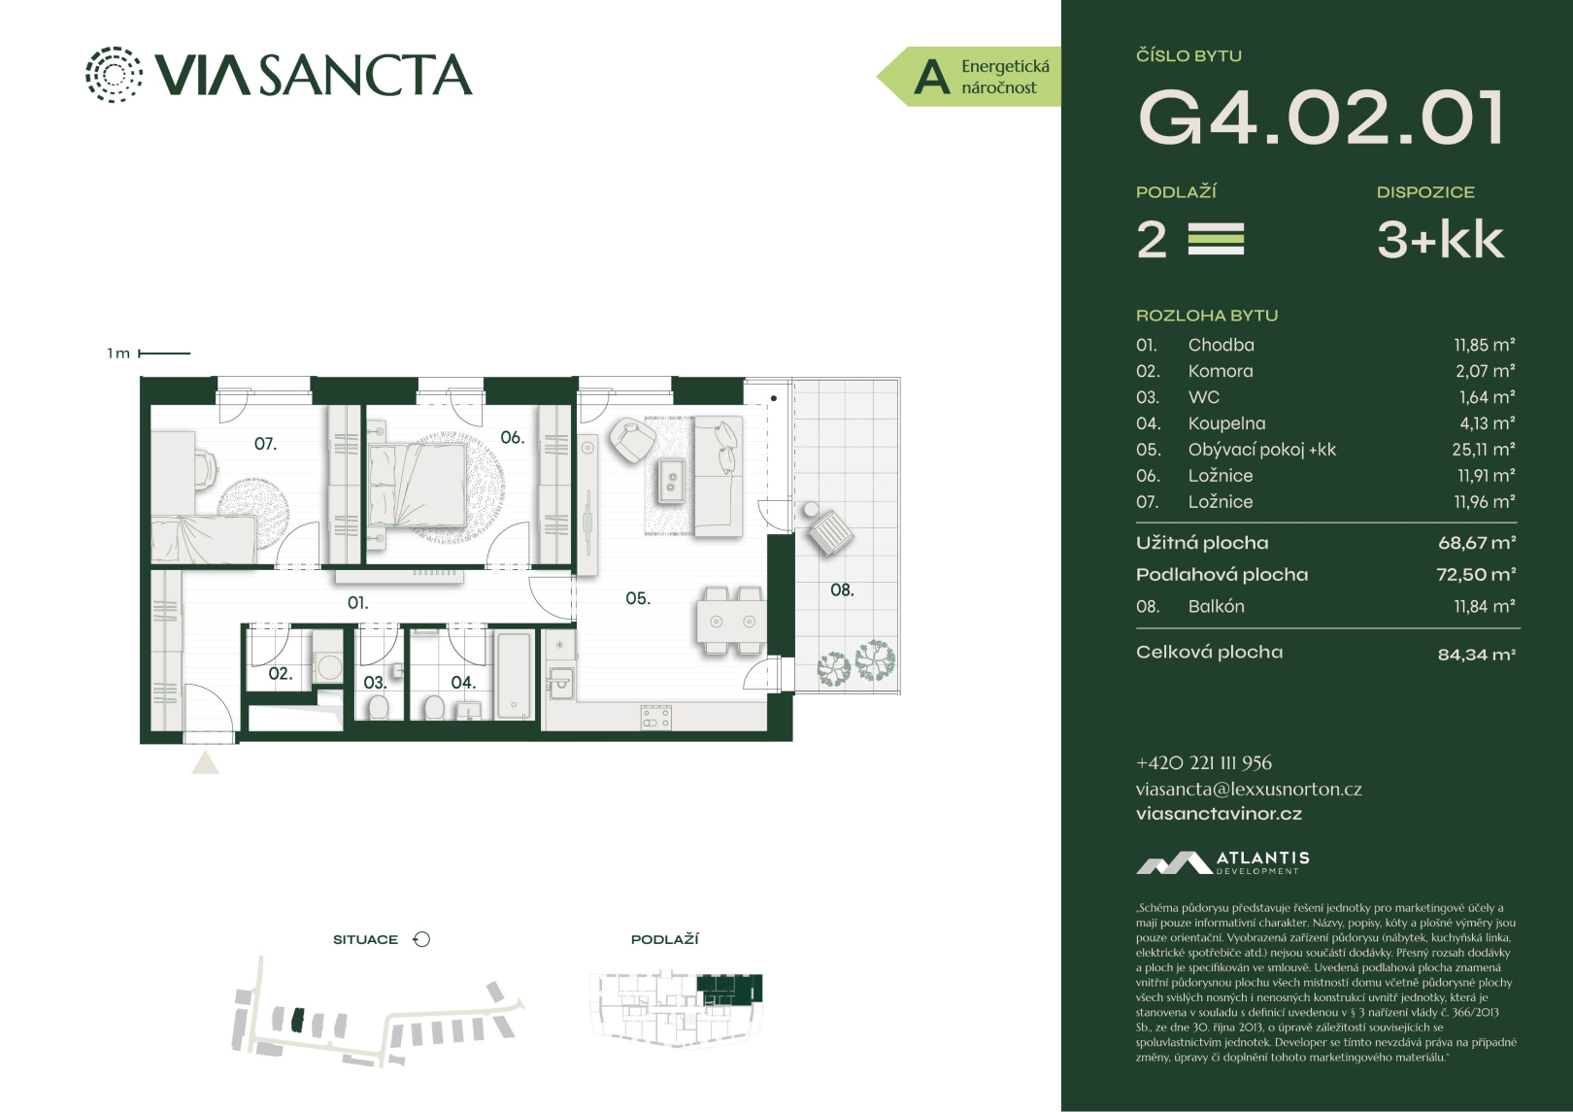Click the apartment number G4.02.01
coord(1321,118)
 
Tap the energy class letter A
coord(931,77)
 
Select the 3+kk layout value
coord(1440,240)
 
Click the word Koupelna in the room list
coord(1226,423)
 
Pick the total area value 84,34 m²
coord(1477,655)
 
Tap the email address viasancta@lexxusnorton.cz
coord(1249,789)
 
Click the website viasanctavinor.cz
coord(1219,814)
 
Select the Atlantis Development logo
coord(1222,862)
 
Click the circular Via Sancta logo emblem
coord(113,75)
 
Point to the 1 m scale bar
coord(164,354)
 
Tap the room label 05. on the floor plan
coord(638,598)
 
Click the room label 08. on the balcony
coord(842,590)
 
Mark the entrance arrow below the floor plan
coord(205,763)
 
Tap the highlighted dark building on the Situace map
coord(298,1020)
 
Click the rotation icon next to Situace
coord(421,939)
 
